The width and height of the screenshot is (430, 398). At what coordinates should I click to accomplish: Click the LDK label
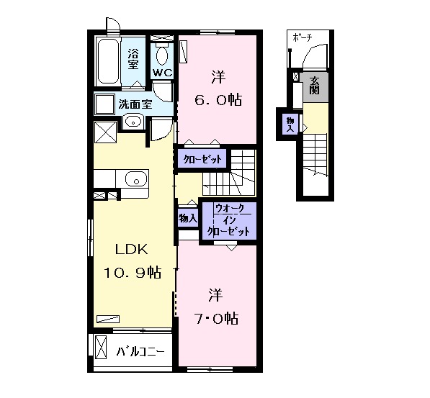click(132, 249)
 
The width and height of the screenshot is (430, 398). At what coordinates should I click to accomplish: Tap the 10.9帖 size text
click(133, 272)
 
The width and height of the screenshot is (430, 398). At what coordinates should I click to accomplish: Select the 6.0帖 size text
click(218, 100)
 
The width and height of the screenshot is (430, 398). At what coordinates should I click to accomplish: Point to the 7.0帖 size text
click(216, 318)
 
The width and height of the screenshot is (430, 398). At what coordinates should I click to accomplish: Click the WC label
click(162, 73)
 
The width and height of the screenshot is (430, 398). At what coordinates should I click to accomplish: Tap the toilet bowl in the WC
click(162, 55)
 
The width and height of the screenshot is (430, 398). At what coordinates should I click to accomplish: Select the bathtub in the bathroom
click(108, 62)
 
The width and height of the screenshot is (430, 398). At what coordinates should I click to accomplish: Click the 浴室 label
click(133, 59)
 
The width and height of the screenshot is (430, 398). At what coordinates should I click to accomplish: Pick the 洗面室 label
click(135, 104)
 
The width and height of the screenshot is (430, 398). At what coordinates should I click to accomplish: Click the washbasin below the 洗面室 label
click(133, 121)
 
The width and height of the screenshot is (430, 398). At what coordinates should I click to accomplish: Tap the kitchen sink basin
click(136, 179)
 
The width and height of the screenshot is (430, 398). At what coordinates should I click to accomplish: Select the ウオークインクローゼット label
click(229, 220)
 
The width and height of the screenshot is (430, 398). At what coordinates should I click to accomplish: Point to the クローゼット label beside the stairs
click(202, 159)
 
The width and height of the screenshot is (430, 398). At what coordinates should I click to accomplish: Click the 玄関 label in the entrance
click(314, 85)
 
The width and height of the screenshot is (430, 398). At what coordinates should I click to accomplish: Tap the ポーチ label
click(303, 37)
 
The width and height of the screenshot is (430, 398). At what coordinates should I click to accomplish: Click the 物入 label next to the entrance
click(290, 125)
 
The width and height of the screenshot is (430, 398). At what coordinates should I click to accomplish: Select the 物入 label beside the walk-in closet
click(188, 218)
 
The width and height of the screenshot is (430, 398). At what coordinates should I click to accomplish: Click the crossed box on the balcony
click(101, 346)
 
